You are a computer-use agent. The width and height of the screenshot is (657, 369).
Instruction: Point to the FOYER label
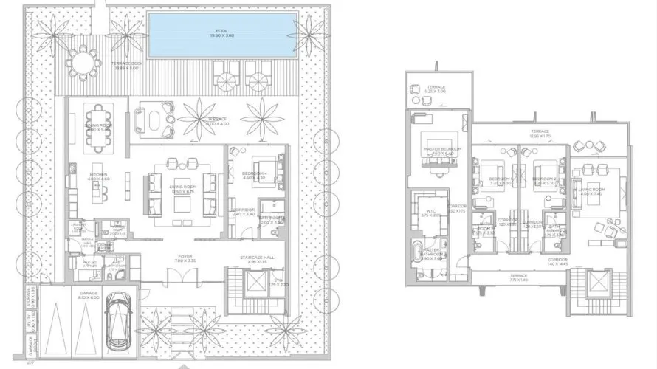click(x=185, y=258)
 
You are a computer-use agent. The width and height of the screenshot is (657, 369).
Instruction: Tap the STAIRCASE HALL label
click(x=252, y=259)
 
